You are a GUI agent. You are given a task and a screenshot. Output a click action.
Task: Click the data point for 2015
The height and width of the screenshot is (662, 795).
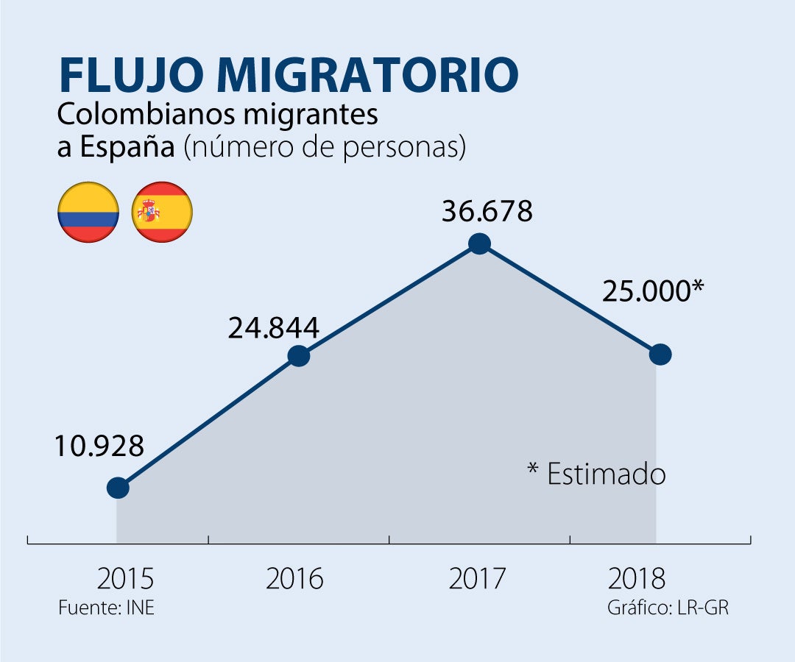(x=118, y=487)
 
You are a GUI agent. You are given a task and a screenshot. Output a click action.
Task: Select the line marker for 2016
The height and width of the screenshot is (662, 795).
(x=298, y=356)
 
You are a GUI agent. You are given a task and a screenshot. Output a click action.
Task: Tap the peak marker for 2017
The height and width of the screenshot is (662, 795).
(x=479, y=243)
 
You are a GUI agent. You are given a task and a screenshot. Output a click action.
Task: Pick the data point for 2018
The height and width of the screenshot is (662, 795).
(x=661, y=355)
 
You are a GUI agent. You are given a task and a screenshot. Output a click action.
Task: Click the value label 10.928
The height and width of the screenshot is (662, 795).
(x=99, y=446)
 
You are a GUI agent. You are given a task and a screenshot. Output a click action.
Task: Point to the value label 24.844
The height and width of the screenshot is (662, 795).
(x=273, y=328)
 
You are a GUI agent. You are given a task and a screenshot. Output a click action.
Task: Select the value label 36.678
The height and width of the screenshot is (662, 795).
(x=487, y=211)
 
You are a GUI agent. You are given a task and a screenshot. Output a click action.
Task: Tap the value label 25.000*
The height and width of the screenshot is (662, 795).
(x=653, y=291)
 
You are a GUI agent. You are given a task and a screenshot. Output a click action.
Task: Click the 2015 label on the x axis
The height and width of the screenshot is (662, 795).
(x=125, y=579)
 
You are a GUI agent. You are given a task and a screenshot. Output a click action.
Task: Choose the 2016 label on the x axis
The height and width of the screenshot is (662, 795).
(x=294, y=579)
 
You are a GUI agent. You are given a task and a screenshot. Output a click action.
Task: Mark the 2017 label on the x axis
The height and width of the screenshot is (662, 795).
(x=477, y=579)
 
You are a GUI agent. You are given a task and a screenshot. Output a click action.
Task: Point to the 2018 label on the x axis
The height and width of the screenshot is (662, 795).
(x=636, y=579)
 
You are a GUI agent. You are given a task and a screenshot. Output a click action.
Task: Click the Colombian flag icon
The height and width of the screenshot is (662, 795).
(x=88, y=212)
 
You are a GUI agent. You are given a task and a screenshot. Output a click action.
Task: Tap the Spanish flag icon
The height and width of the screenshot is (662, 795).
(x=162, y=212)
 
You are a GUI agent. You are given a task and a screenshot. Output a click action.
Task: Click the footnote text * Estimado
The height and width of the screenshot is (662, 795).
(x=597, y=474)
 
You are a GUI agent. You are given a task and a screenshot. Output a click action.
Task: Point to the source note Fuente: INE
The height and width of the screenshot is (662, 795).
(x=106, y=608)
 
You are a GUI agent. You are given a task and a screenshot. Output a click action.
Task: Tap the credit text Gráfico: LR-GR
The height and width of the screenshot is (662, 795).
(x=668, y=608)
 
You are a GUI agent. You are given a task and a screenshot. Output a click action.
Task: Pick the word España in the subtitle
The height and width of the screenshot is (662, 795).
(x=127, y=147)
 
